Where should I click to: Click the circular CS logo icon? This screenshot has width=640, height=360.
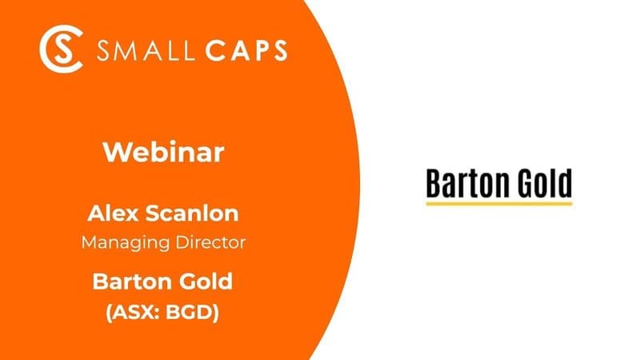pyautogui.click(x=62, y=50)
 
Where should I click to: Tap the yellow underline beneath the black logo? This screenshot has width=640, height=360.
pyautogui.click(x=499, y=204)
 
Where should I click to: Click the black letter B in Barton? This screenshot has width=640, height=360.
pyautogui.click(x=434, y=183)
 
